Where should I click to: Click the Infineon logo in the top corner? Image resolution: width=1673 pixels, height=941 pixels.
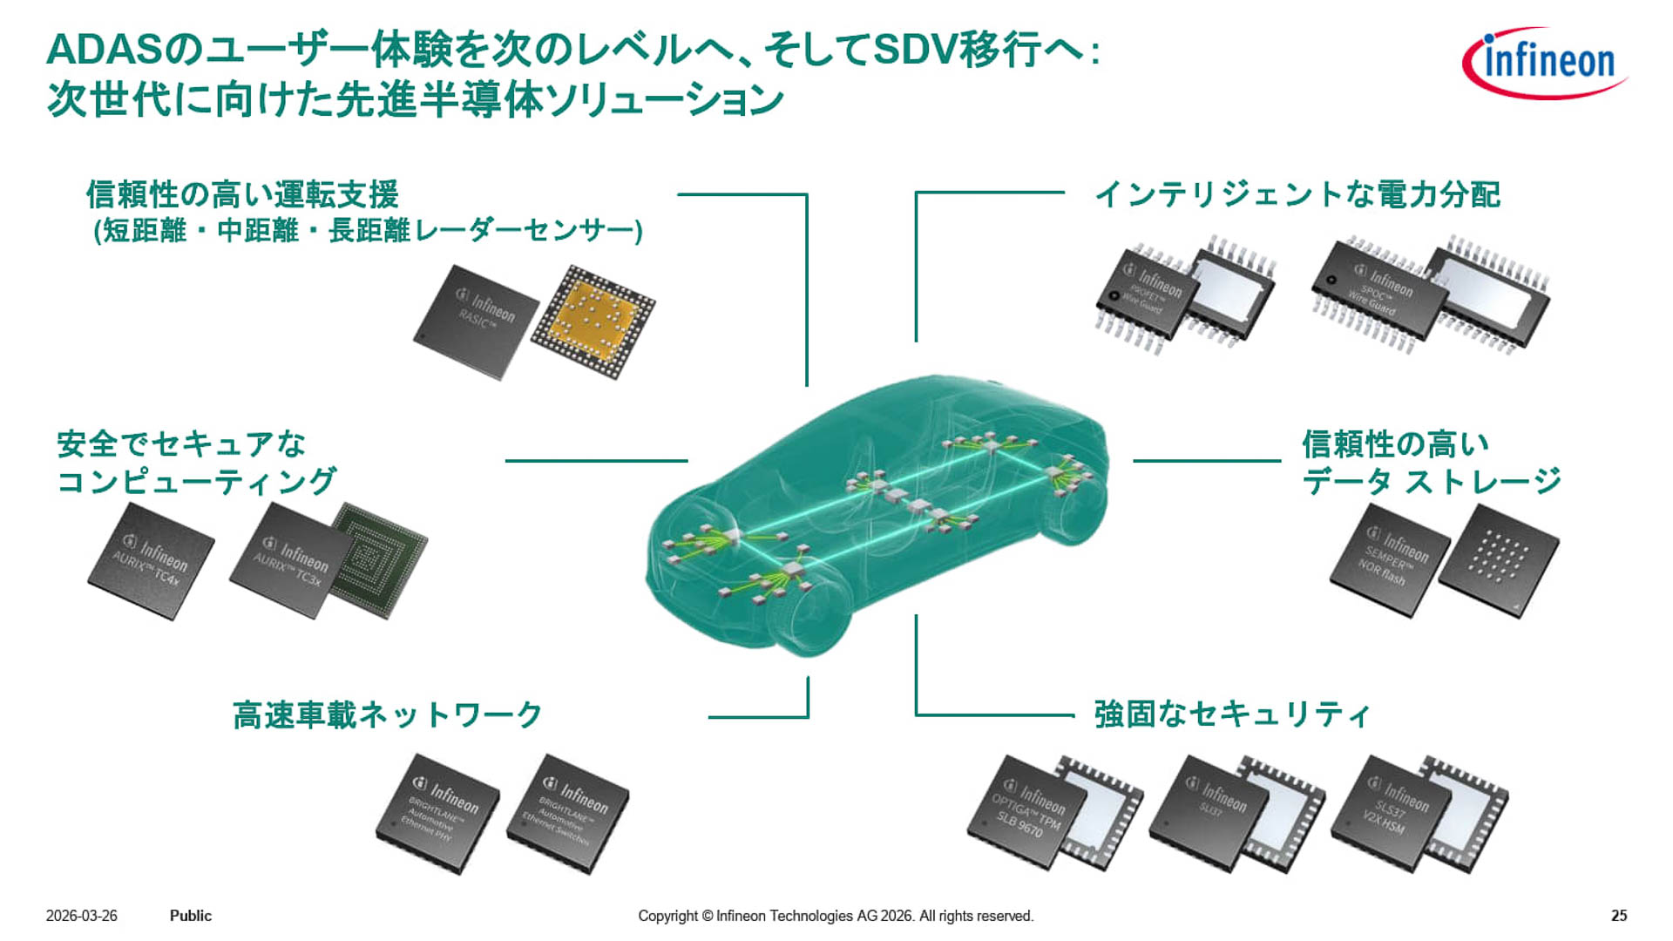(x=1544, y=63)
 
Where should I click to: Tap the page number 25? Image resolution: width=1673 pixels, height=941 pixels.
(x=1619, y=916)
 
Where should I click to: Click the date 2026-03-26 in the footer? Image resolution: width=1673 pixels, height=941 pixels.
(x=81, y=916)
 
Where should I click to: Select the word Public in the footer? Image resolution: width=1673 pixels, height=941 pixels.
(x=190, y=916)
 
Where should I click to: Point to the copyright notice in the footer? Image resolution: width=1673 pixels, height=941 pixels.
(x=835, y=916)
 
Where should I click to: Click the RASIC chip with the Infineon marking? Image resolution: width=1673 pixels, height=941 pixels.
(x=476, y=322)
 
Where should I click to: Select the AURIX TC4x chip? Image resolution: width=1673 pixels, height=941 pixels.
(x=151, y=562)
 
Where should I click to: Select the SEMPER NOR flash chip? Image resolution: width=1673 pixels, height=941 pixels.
(x=1389, y=560)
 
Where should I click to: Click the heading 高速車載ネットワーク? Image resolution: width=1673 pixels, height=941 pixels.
(x=388, y=715)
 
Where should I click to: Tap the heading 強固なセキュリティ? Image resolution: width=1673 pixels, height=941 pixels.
(x=1232, y=714)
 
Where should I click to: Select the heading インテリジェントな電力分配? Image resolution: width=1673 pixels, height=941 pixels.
(x=1297, y=194)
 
